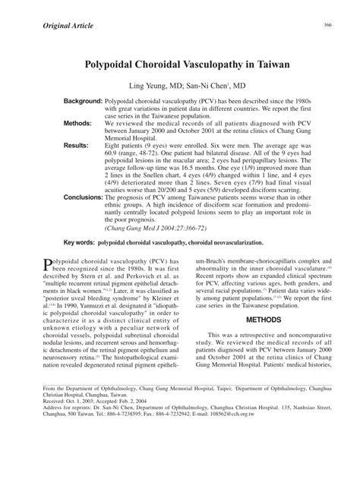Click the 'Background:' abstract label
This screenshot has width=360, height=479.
coord(83,101)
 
